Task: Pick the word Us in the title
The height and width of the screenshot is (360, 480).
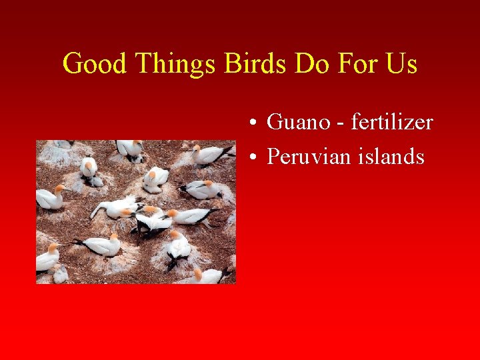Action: (401, 64)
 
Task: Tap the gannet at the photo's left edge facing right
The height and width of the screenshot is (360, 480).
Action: (50, 198)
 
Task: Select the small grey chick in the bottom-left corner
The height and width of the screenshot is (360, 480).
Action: (60, 274)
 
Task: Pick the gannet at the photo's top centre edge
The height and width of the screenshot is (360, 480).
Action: (128, 149)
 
